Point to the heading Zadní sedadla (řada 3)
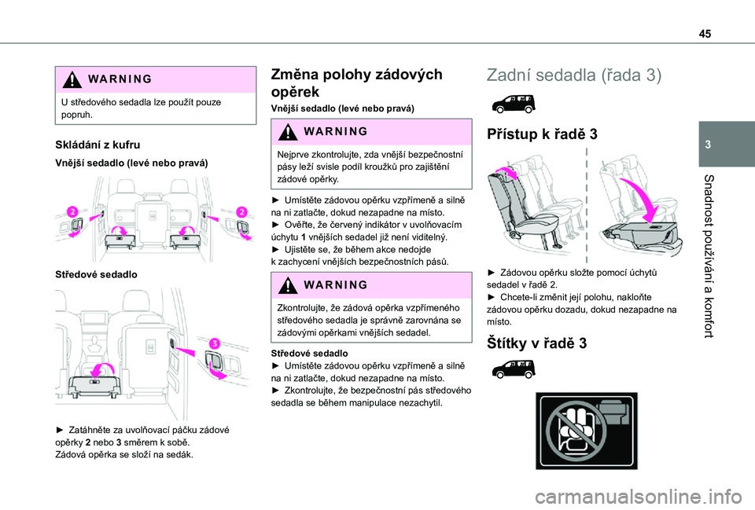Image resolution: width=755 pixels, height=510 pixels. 574,75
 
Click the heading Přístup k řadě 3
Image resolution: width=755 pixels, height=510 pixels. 543,134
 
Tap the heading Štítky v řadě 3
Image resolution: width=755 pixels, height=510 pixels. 538,343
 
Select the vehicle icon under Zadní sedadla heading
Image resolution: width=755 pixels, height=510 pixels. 511,101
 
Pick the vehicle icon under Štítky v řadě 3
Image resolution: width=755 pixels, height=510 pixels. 511,369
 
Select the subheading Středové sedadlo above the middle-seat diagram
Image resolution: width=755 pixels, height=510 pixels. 87,274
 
